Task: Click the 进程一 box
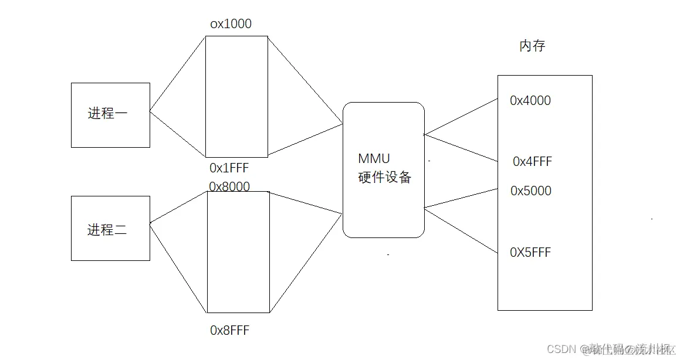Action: click(110, 115)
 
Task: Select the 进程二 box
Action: click(110, 228)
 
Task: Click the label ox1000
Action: click(231, 24)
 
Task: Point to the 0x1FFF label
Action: click(229, 168)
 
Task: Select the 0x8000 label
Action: click(229, 186)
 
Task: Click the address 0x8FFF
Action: click(229, 331)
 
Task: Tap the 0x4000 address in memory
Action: click(530, 101)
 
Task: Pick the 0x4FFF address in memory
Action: click(532, 162)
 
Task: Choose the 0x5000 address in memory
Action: click(531, 191)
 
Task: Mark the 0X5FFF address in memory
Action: click(530, 253)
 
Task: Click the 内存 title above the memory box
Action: click(532, 46)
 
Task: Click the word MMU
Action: click(374, 159)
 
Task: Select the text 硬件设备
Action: click(385, 177)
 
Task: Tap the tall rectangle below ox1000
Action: click(236, 97)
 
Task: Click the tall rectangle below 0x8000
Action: click(238, 252)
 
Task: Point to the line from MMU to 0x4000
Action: click(461, 117)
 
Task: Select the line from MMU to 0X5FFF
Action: click(461, 230)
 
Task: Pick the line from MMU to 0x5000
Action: click(461, 198)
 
